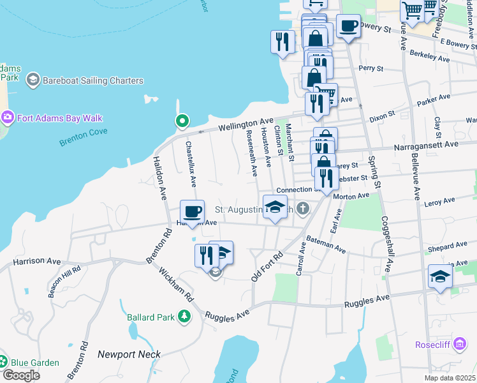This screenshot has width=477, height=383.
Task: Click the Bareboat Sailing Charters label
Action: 92,80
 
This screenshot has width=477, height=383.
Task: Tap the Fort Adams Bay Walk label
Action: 60,118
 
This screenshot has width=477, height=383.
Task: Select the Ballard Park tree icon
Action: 184,316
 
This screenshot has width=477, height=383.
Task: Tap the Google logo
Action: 21,375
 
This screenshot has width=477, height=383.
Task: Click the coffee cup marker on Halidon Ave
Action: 192,211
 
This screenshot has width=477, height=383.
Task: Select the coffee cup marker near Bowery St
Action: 348,26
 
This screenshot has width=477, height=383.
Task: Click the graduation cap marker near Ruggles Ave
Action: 440,276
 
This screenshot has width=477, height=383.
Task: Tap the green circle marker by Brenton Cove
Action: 182,121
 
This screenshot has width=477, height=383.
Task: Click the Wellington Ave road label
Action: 246,124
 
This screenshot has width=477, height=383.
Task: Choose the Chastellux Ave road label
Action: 191,165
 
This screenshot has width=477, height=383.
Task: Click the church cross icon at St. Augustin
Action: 303,208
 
